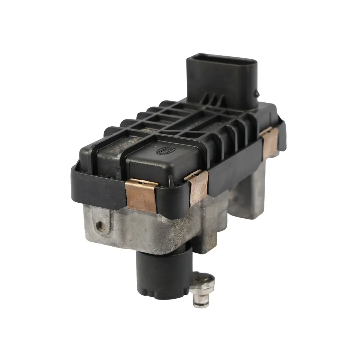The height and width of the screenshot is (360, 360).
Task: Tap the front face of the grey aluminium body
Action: click(140, 230)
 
